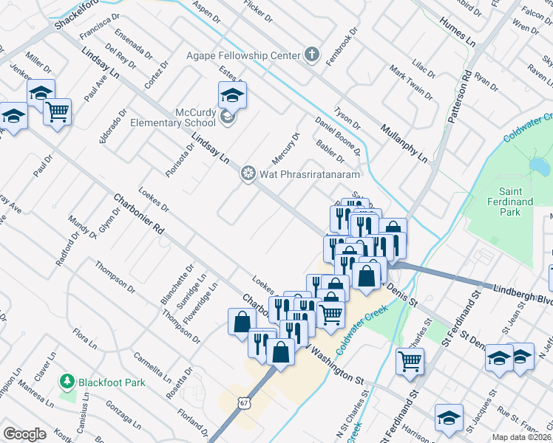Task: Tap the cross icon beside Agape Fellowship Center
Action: click(x=312, y=55)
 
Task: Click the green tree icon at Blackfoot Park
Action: click(x=68, y=382)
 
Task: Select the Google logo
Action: click(x=24, y=434)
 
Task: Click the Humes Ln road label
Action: click(x=457, y=30)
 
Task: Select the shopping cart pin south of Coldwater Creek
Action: click(x=410, y=361)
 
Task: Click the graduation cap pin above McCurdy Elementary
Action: click(x=232, y=95)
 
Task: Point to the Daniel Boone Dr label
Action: click(x=337, y=135)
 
